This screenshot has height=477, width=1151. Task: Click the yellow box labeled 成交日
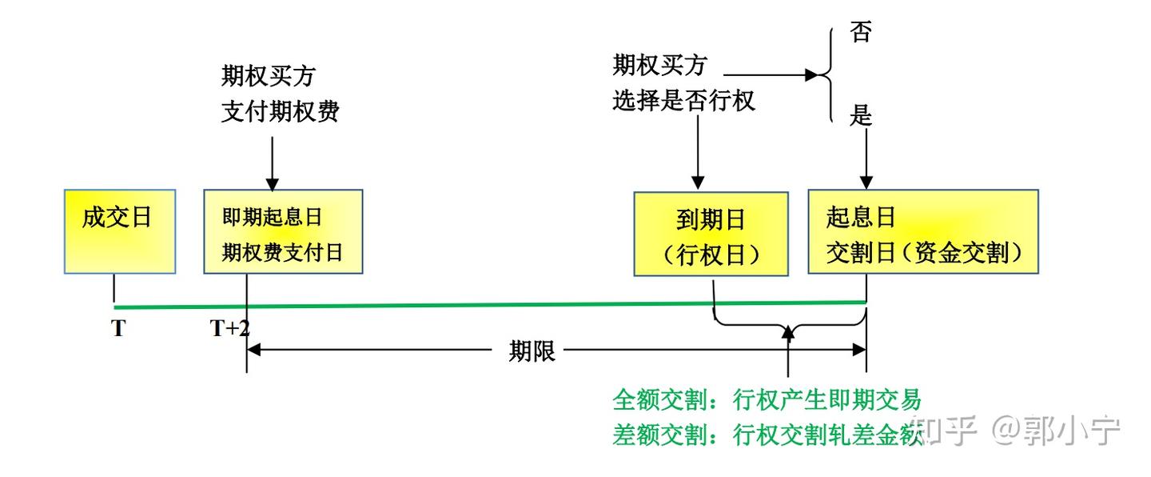tap(118, 232)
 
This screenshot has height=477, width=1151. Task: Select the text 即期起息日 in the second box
tap(272, 218)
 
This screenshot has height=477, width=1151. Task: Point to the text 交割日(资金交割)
tap(925, 253)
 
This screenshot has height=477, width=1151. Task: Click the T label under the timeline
tap(118, 329)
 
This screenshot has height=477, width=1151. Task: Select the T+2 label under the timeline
tap(230, 329)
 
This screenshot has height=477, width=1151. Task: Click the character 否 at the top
tap(860, 34)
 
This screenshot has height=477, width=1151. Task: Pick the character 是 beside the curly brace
tap(860, 116)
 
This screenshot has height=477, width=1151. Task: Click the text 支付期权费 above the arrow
tap(280, 112)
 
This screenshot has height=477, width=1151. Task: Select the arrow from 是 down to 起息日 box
tap(866, 156)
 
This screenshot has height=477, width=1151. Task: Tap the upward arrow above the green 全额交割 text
tap(789, 352)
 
